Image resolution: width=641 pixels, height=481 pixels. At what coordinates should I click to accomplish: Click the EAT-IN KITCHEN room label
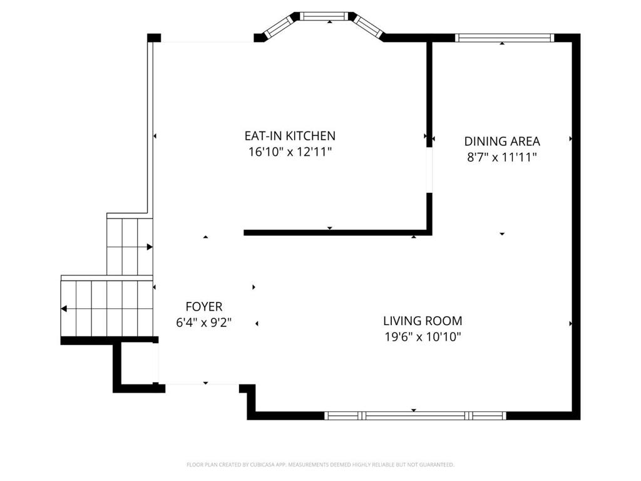point(290,136)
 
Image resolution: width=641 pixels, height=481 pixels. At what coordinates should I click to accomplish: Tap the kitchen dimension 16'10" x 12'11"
point(290,152)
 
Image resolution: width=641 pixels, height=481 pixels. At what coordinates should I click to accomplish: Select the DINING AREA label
point(502,142)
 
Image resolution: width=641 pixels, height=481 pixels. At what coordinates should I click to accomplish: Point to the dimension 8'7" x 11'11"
point(502,157)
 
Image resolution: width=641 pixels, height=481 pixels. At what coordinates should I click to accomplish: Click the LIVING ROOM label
point(423,321)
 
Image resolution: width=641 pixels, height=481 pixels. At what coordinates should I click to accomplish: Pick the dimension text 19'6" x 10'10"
point(423,337)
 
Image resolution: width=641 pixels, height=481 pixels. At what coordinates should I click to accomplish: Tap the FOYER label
point(204,306)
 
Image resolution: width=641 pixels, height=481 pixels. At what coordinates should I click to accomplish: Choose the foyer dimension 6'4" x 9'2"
point(204,323)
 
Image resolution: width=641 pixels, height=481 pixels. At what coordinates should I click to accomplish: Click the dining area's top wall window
point(505,38)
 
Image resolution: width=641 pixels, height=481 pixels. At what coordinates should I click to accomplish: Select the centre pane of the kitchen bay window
point(326,16)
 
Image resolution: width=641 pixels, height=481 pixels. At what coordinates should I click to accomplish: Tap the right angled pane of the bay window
point(368,26)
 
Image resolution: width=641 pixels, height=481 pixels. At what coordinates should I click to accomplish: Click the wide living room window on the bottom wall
point(416,416)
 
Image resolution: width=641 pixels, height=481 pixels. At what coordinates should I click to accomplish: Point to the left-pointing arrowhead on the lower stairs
point(64,308)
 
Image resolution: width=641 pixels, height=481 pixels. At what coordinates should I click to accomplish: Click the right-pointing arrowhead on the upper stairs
point(150,247)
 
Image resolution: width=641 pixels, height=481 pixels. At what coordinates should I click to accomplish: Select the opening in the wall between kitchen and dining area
point(429,170)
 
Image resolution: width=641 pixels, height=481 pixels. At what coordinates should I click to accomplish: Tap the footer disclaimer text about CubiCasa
point(320,465)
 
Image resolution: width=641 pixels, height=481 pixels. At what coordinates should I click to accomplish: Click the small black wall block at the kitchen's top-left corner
point(154,38)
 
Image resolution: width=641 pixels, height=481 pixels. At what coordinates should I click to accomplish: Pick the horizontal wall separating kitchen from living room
point(337,233)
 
